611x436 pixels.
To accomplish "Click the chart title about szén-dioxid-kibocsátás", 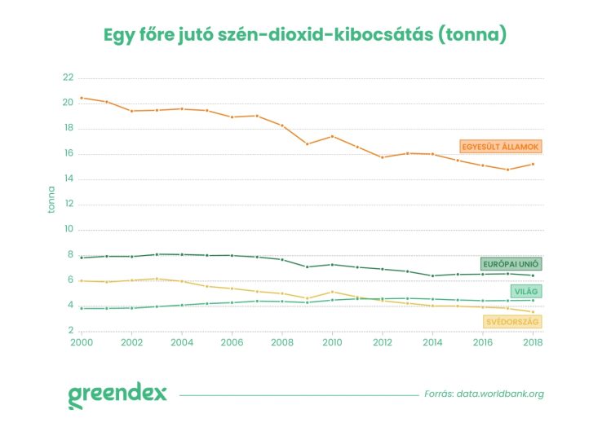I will (x=305, y=36).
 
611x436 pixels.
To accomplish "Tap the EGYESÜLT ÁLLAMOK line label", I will (x=501, y=147).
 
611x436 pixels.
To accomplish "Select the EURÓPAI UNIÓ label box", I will (x=511, y=264).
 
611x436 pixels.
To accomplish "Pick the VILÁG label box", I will (x=527, y=291).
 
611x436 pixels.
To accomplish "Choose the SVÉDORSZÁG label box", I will (x=512, y=322).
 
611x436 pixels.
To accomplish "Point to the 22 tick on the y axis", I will (x=68, y=77).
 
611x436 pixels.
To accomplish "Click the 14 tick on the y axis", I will (x=68, y=179).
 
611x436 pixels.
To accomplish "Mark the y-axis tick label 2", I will (x=70, y=332).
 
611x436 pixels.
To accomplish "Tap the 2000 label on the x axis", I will (x=82, y=344).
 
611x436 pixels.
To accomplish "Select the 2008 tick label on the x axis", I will (x=283, y=344).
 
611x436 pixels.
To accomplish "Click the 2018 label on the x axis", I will (x=533, y=344).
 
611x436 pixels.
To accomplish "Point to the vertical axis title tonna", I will (x=51, y=198).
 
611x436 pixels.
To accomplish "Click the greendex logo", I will (x=117, y=394).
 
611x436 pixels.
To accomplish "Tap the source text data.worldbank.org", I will (x=484, y=394).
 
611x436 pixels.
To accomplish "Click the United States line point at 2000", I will (x=82, y=98).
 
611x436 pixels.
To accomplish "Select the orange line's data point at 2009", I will (x=308, y=143).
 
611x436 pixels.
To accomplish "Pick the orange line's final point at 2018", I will (x=533, y=164).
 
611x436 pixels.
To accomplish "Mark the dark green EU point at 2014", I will (x=432, y=275).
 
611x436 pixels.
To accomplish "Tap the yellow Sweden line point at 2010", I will (x=332, y=292).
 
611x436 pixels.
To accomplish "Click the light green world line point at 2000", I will (x=82, y=308).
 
